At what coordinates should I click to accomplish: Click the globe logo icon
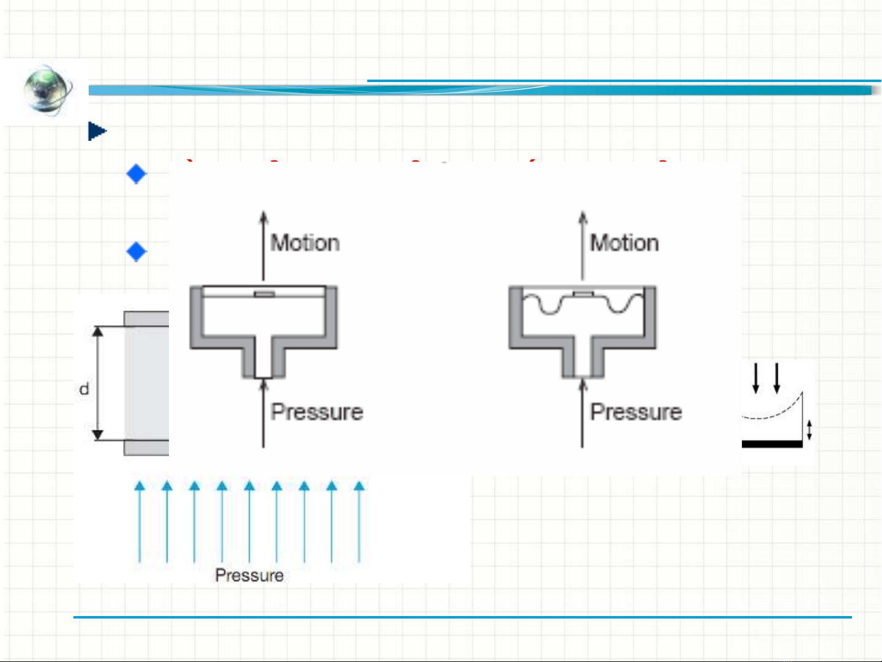point(47,91)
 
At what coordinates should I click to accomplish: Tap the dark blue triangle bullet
point(97,131)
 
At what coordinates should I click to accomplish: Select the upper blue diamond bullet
point(136,174)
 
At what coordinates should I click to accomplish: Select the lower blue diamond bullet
point(136,251)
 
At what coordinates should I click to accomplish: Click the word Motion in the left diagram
point(305,243)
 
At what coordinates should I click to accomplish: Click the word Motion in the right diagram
point(624,243)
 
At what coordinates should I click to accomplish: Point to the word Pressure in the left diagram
point(317,412)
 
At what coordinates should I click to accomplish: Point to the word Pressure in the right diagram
point(636,412)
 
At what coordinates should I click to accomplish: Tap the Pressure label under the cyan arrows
point(249,575)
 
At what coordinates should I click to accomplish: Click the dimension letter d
point(84,389)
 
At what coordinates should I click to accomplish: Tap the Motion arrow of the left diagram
point(264,245)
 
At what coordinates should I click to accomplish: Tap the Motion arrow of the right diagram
point(583,245)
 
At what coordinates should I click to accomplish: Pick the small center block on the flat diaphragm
point(264,295)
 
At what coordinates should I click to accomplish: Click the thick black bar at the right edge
point(772,444)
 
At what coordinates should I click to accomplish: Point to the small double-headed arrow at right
point(809,429)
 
